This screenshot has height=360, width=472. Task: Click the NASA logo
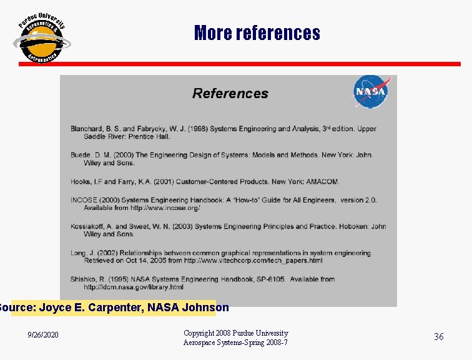(372, 92)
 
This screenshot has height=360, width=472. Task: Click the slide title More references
(257, 32)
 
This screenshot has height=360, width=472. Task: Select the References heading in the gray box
(230, 94)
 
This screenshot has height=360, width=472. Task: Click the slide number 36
(439, 337)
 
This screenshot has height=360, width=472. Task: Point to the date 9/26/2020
(44, 336)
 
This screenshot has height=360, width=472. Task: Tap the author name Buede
(81, 155)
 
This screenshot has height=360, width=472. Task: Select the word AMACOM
(322, 182)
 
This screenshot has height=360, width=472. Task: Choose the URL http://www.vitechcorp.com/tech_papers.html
(253, 261)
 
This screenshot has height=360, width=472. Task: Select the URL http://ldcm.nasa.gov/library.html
(134, 287)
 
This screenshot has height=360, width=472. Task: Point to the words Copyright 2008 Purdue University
(236, 333)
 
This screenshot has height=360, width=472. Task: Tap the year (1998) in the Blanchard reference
(196, 129)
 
